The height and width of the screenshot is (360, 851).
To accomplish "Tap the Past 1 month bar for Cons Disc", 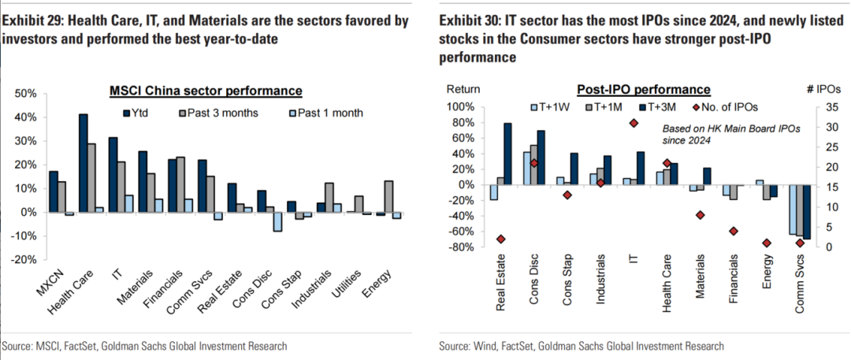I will [278, 221].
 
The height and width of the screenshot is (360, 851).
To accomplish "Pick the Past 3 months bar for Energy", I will [388, 197].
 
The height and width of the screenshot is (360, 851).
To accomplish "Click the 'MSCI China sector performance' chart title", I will [206, 92].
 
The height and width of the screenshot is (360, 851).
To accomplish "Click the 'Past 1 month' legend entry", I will [330, 113].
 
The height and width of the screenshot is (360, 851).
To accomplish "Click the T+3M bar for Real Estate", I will [507, 154].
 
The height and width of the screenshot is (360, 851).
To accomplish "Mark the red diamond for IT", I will [634, 123].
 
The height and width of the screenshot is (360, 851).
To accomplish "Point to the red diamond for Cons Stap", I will [567, 195].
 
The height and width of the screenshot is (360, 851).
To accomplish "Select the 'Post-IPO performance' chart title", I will [644, 90].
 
